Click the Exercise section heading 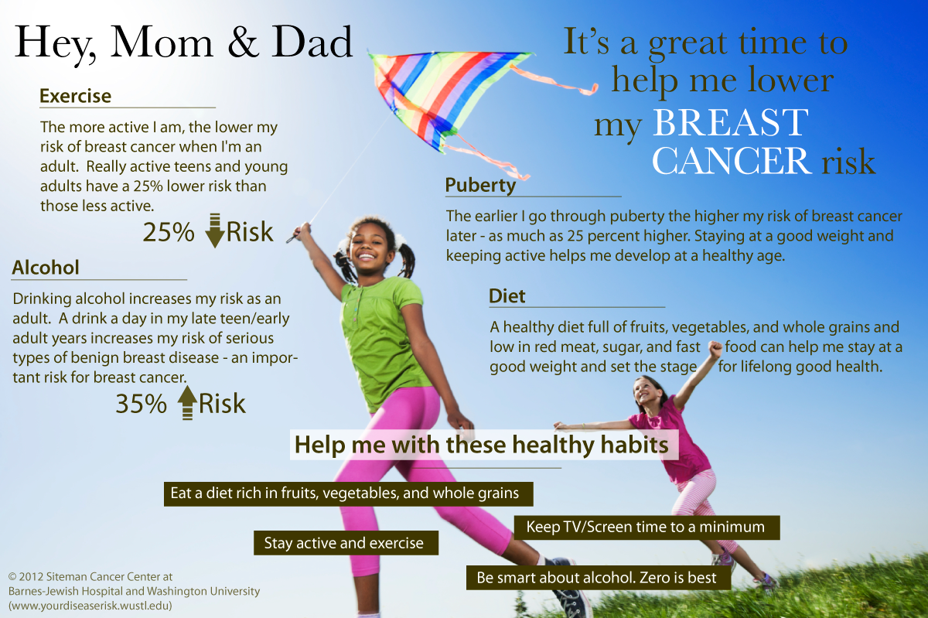pos(76,96)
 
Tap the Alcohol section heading pos(46,268)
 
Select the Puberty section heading pos(480,186)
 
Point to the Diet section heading pos(507,296)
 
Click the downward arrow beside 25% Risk pos(215,230)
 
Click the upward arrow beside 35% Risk pos(187,402)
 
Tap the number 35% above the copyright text pos(141,403)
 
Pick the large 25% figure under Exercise pos(169,232)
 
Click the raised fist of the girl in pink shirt pos(715,349)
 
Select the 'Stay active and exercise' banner pos(346,543)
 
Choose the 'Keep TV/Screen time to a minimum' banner pos(647,528)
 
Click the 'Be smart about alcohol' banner pos(599,577)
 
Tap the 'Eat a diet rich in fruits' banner pos(349,493)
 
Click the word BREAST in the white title pos(730,122)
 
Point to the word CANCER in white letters pos(732,161)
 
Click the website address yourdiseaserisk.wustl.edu pos(90,606)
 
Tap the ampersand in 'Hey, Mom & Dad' pos(243,43)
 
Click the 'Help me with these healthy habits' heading pos(481,445)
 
